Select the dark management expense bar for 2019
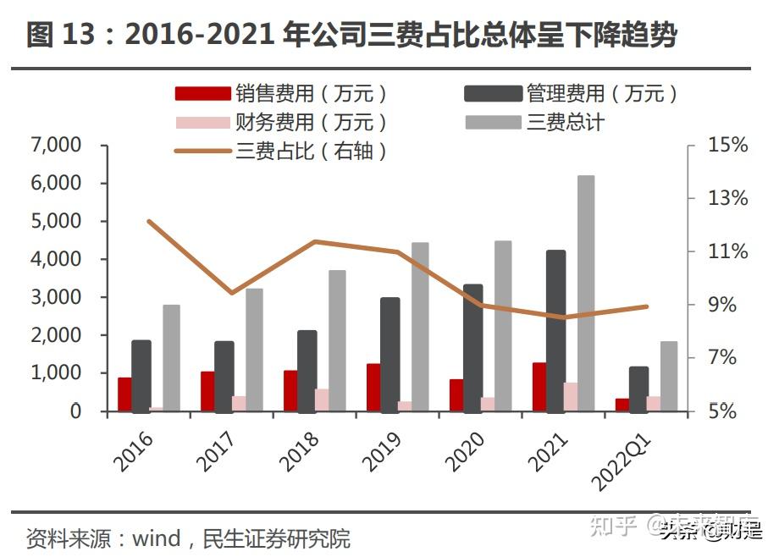tap(390, 355)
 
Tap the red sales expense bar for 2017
tap(207, 391)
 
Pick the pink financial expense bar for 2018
tap(322, 400)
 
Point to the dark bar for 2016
tap(141, 376)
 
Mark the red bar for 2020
tap(456, 395)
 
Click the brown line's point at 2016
tap(149, 222)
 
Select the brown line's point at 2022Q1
tap(647, 306)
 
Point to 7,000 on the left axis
tap(56, 146)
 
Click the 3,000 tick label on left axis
tap(56, 297)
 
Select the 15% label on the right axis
tap(728, 146)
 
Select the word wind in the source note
tap(157, 538)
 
